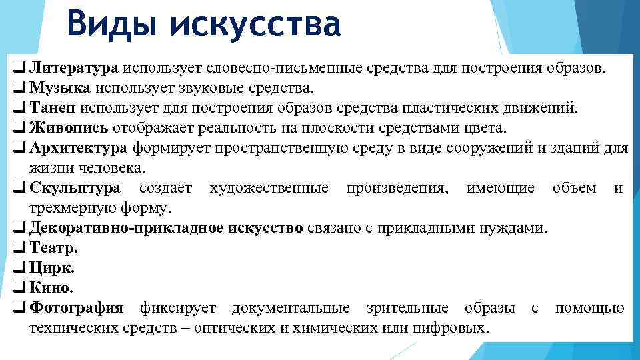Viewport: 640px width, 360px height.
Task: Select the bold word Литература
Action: pos(74,67)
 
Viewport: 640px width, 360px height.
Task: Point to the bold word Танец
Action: pos(56,107)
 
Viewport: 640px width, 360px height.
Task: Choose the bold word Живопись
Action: pos(69,127)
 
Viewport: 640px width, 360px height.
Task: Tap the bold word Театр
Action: pos(54,248)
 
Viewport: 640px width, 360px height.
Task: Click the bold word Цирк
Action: pos(53,268)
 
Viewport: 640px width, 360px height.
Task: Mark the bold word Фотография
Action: pos(77,308)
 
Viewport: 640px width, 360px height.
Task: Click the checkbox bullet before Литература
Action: pos(19,67)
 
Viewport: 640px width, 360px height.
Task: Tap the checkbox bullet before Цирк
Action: pos(19,268)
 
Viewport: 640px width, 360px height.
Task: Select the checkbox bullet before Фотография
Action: pos(19,308)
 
